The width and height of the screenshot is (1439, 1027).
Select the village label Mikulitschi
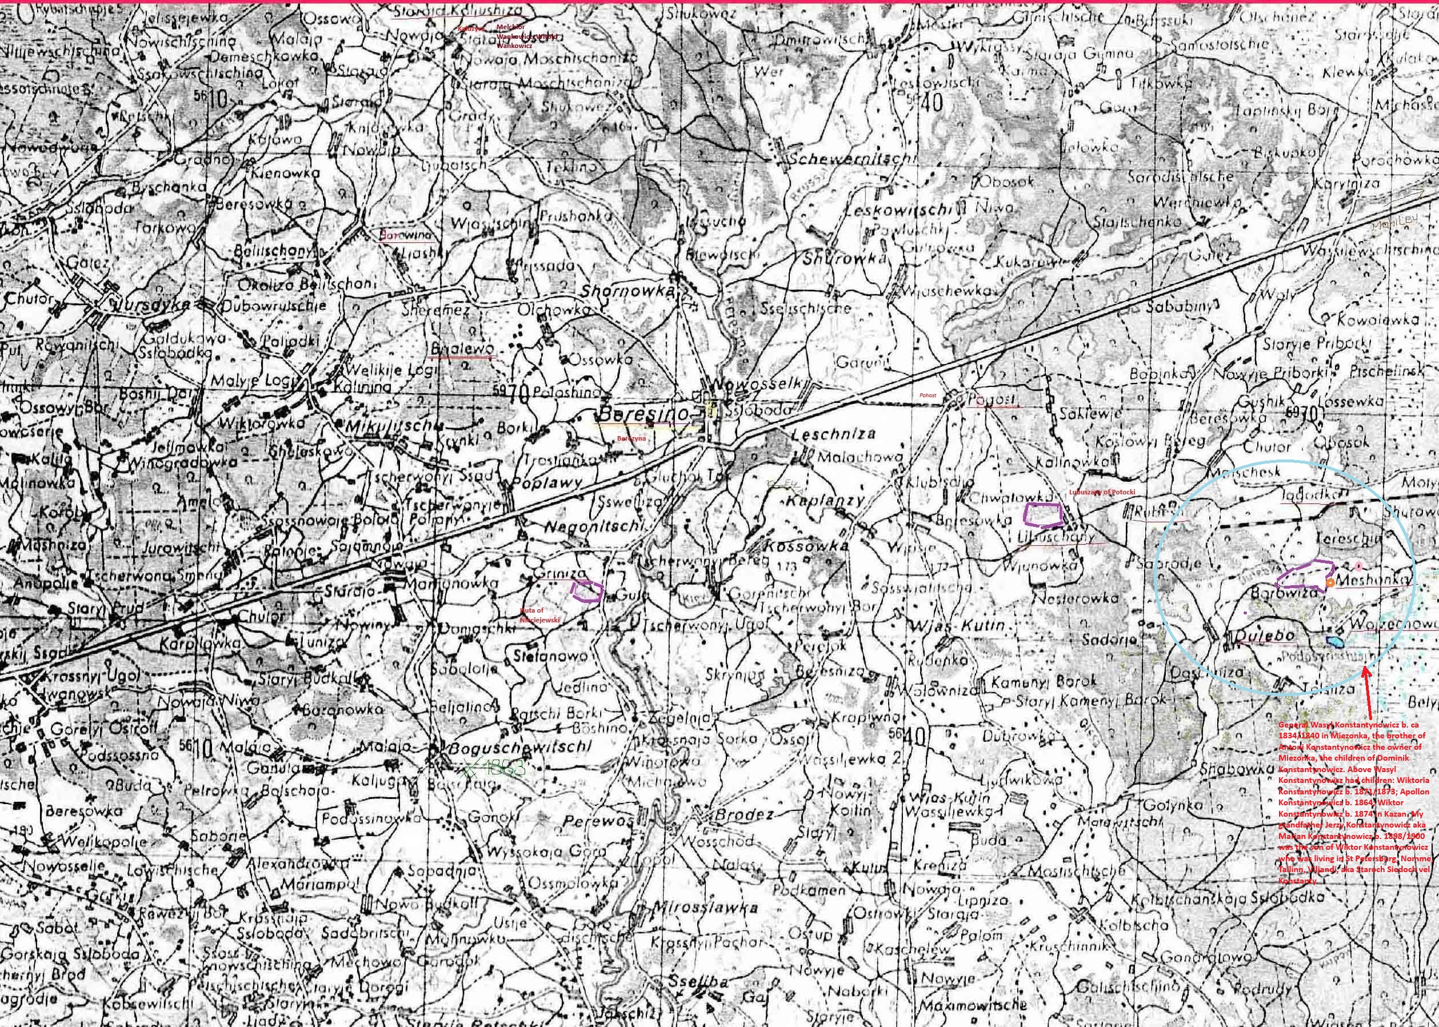[392, 427]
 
